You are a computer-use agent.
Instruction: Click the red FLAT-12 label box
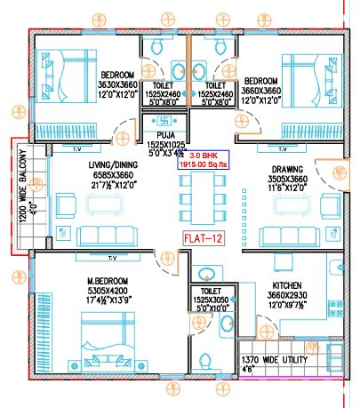[x=204, y=238]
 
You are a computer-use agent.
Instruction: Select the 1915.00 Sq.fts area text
[x=203, y=164]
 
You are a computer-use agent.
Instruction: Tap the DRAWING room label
[x=289, y=169]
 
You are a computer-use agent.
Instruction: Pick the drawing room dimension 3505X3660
[x=289, y=179]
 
